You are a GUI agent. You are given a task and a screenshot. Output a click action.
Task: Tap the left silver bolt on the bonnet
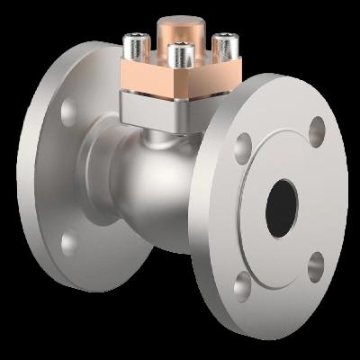click(136, 43)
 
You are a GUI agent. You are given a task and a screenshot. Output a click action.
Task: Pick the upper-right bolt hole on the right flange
click(317, 131)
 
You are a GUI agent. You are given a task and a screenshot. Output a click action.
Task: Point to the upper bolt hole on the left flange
click(67, 112)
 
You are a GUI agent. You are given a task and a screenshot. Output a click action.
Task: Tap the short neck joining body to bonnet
click(166, 135)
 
